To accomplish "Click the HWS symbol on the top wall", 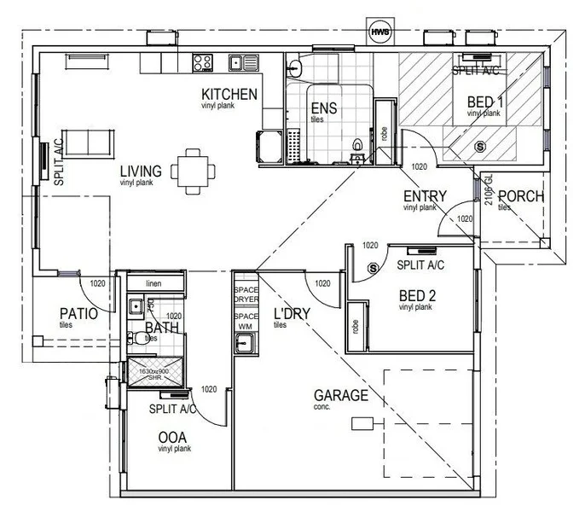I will [378, 32].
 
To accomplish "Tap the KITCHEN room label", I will [229, 93].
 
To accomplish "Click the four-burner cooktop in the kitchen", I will [202, 61].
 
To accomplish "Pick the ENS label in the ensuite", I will [322, 108].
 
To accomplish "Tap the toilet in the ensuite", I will [358, 145].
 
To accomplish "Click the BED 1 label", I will [485, 102].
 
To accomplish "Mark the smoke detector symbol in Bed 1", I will [479, 147].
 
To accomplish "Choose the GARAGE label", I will [341, 395].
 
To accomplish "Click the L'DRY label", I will [291, 314].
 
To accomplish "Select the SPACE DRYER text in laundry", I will [245, 294].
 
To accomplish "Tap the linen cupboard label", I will [153, 283].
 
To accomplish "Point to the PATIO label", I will [78, 313].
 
